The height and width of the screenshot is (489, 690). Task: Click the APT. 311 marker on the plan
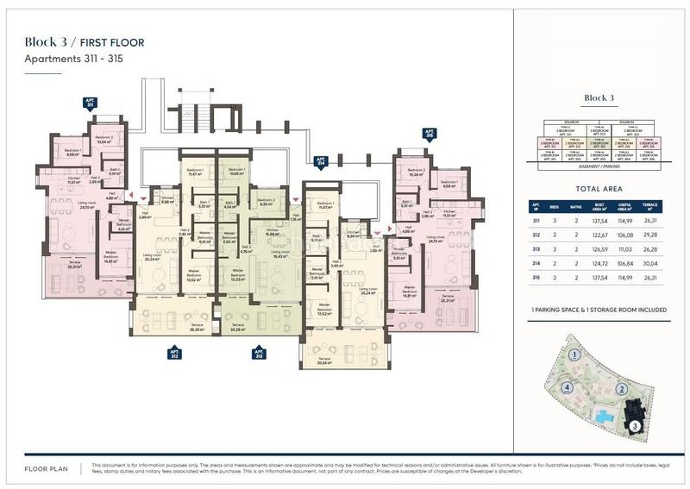pos(90,103)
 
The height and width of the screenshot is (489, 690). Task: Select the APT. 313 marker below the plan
pos(257,353)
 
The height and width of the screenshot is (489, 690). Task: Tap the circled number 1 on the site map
pos(572,355)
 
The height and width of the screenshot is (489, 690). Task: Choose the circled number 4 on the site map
pos(567,387)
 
